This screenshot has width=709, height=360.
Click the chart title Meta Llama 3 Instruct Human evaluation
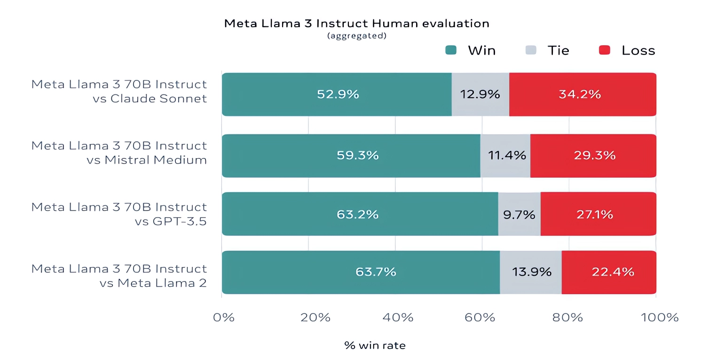click(356, 23)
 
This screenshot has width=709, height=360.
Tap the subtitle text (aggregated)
click(356, 36)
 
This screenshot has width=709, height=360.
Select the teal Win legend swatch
click(451, 50)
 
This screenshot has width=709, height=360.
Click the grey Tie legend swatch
click(531, 50)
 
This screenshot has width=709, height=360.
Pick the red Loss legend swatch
click(605, 50)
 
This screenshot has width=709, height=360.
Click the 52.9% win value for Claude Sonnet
click(338, 94)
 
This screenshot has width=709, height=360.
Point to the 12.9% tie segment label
click(480, 94)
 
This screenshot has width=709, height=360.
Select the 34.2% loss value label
click(580, 94)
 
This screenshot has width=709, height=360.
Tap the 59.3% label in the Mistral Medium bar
click(357, 156)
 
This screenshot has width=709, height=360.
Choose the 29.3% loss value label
click(594, 156)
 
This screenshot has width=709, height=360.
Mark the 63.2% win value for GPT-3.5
click(357, 215)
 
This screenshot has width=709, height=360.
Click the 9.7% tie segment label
click(519, 215)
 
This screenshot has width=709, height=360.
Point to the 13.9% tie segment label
click(531, 272)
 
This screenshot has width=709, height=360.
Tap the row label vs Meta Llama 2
click(153, 283)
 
